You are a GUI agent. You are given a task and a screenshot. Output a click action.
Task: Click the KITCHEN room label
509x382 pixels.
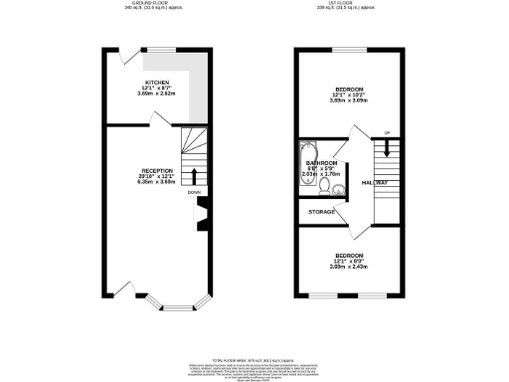point(157,83)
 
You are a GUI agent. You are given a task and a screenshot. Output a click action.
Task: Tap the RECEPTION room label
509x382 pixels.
point(157,171)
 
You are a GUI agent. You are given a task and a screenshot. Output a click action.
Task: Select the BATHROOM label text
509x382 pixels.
point(322,163)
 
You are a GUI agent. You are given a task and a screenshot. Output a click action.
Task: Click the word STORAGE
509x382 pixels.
point(321,211)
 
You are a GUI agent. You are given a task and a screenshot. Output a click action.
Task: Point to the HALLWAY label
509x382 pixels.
point(375,183)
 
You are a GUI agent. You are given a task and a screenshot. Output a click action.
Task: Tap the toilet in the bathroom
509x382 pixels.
point(338,188)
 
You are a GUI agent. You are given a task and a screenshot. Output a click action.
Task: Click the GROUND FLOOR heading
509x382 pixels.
point(157,4)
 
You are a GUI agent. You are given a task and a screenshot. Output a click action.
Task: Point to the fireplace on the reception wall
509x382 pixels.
point(203,215)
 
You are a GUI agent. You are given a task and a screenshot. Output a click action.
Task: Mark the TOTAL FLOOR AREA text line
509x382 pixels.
point(254,359)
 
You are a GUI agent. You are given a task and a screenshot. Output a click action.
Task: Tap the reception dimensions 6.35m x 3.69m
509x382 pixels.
point(157,182)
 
